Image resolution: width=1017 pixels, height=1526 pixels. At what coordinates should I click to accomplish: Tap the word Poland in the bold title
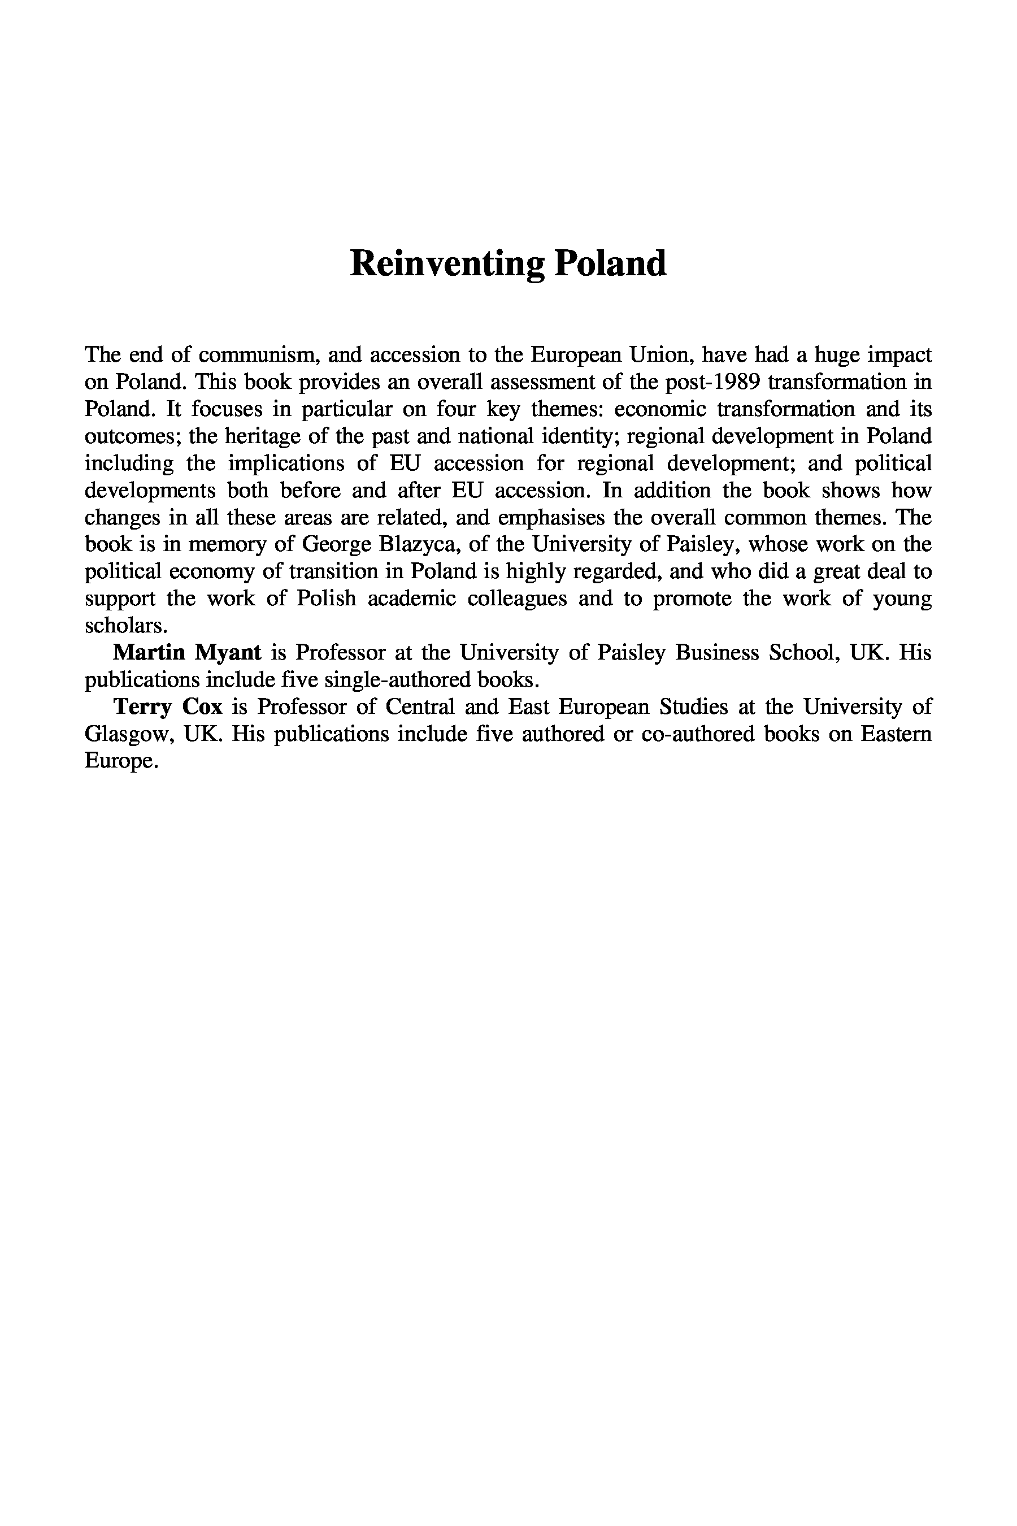point(609,264)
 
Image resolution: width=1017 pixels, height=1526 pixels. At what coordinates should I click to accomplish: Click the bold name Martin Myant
point(187,652)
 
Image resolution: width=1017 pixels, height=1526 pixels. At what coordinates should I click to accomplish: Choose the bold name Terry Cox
point(167,706)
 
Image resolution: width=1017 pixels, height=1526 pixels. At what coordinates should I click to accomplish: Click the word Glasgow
point(130,734)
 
